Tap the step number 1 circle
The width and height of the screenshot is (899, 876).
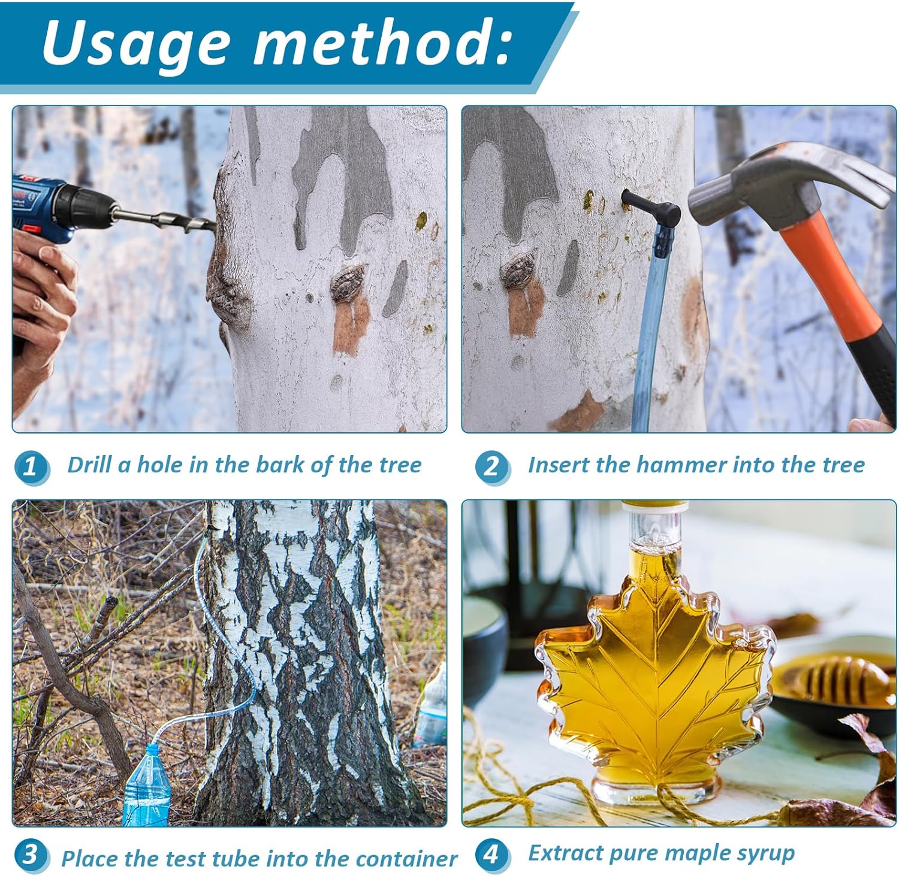tap(30, 466)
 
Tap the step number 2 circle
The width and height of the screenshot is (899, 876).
tap(491, 466)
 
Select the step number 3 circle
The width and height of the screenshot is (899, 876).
tap(30, 855)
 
